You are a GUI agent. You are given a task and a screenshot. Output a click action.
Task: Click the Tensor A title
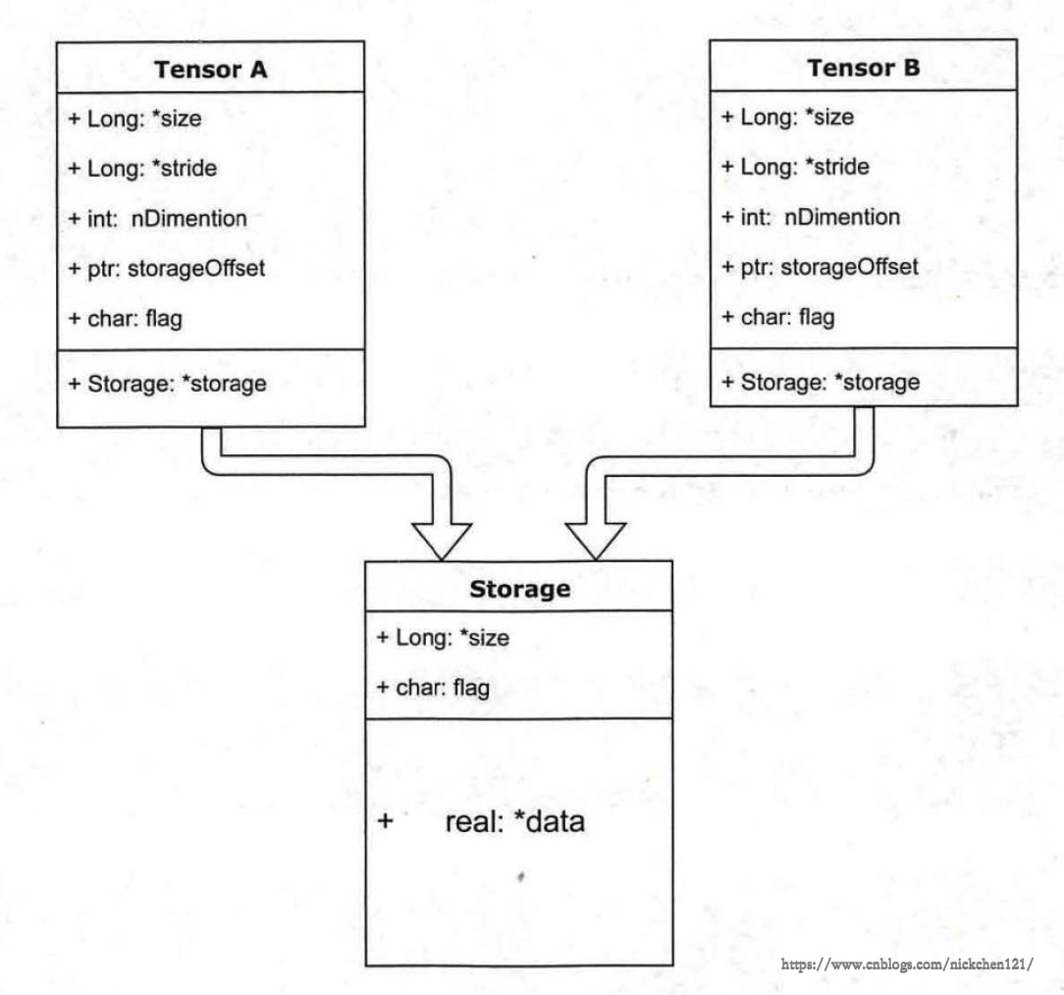coord(210,70)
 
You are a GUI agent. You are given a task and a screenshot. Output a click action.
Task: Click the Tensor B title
coord(863,68)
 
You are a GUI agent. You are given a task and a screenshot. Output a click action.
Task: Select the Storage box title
coord(520,589)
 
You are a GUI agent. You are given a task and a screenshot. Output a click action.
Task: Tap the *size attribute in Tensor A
coord(177,118)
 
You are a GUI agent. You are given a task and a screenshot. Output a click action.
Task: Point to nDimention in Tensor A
coord(188,219)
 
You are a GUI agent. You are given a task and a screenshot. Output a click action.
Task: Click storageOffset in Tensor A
coord(196,269)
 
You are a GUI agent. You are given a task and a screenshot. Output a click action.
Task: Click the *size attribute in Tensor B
coord(829,117)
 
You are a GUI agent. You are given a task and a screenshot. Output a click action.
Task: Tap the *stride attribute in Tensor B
coord(836,167)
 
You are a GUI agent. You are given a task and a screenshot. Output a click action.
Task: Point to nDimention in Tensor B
coord(842,217)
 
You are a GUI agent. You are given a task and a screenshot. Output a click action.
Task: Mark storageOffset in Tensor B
coord(850,267)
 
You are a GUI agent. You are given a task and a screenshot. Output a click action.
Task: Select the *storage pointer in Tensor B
coord(878,383)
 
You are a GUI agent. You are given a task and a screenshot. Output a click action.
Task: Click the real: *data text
coord(515,822)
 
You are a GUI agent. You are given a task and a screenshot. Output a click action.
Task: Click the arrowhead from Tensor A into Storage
coord(442,541)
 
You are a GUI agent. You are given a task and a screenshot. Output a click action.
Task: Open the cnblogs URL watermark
coord(907,964)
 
